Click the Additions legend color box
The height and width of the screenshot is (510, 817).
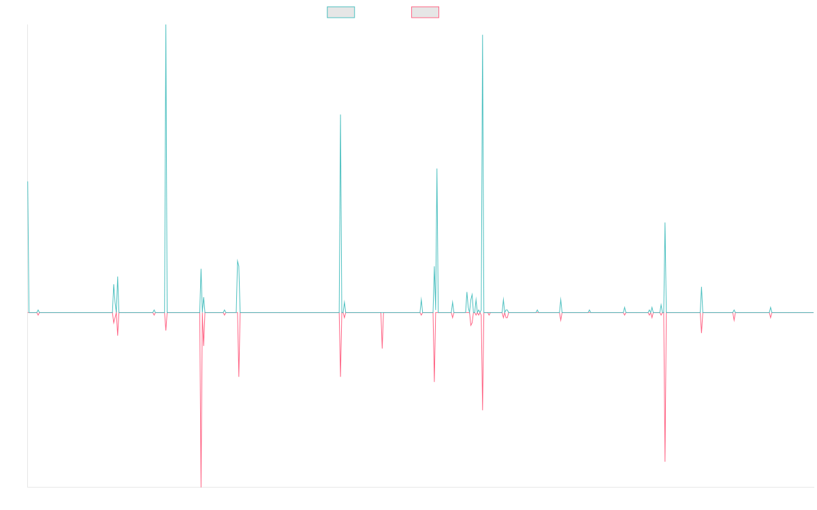click(341, 12)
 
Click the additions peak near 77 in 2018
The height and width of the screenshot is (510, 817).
click(340, 115)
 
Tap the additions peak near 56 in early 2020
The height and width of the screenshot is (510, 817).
click(437, 169)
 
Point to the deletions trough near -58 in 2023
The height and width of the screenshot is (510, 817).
click(665, 461)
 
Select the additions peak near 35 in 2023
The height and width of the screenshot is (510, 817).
click(665, 223)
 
